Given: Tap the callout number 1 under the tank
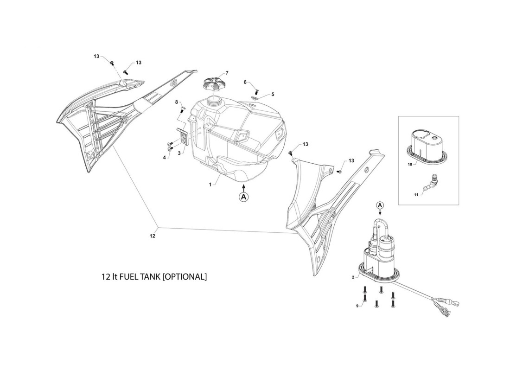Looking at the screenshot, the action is [x=210, y=185].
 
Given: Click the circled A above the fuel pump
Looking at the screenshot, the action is [x=381, y=205].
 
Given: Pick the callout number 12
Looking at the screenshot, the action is [x=152, y=236].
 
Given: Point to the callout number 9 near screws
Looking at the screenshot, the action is [x=357, y=306].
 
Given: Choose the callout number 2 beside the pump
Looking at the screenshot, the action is [x=353, y=277].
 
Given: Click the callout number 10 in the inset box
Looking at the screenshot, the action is [x=410, y=164].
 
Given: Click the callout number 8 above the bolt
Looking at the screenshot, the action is [x=176, y=102].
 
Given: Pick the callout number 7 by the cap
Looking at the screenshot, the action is [x=227, y=72].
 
